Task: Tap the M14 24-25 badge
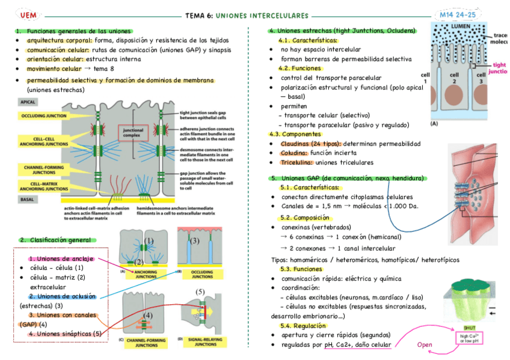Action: point(458,15)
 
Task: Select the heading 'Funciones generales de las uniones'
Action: point(79,31)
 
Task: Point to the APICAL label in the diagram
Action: point(30,102)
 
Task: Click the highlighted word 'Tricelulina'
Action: point(296,162)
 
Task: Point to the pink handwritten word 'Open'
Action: point(425,344)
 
